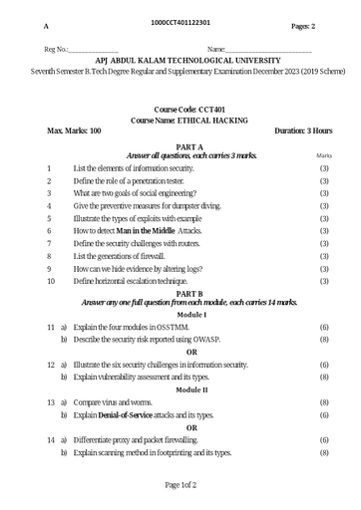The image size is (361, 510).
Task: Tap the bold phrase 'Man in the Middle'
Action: tap(138, 230)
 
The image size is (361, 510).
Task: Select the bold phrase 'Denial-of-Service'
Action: tap(130, 414)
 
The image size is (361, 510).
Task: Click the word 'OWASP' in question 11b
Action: tap(217, 339)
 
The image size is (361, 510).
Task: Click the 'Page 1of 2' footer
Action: tap(180, 485)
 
